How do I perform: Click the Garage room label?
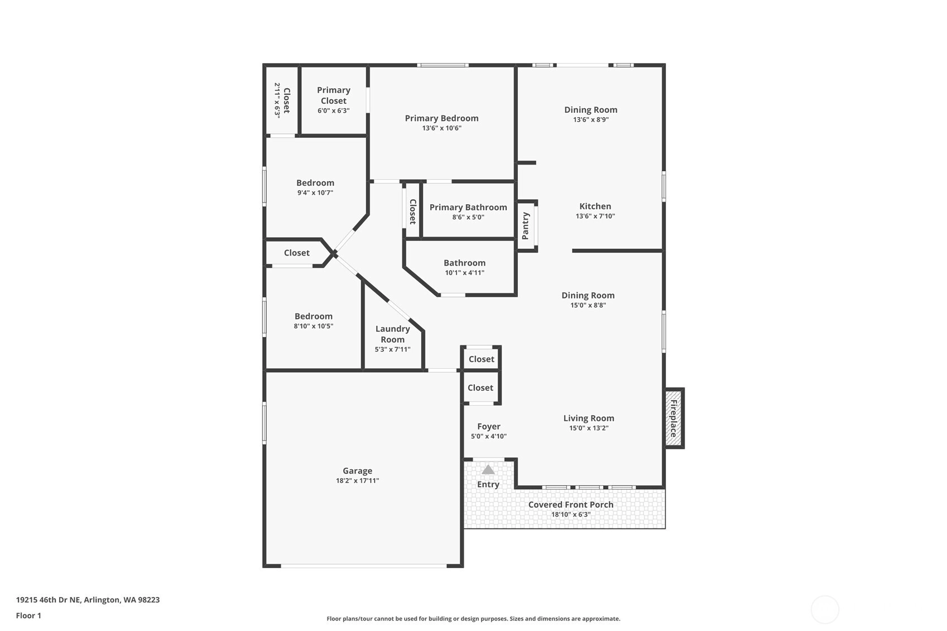coord(357,470)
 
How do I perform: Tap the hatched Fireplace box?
coord(674,418)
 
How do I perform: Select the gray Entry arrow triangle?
coord(488,470)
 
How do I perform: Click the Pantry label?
coord(526,226)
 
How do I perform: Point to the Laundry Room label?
coord(393,334)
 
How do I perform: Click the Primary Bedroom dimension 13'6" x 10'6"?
coord(442,128)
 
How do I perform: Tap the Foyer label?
coord(489,426)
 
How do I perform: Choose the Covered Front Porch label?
coord(571,504)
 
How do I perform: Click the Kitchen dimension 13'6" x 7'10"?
coord(595,216)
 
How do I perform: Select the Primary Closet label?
coord(334,95)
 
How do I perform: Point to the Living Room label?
coord(589,418)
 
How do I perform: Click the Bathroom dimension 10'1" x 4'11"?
coord(465,273)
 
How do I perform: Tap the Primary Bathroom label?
coord(468,207)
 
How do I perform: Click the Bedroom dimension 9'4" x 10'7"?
coord(315,192)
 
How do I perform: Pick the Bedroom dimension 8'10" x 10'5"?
coord(314,326)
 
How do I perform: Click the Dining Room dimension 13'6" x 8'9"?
coord(591,119)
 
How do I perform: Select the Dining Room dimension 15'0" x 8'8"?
coord(588,305)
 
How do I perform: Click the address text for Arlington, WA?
coord(88,600)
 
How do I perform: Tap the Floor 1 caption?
coord(29,615)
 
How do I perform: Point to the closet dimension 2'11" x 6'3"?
coord(277,100)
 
